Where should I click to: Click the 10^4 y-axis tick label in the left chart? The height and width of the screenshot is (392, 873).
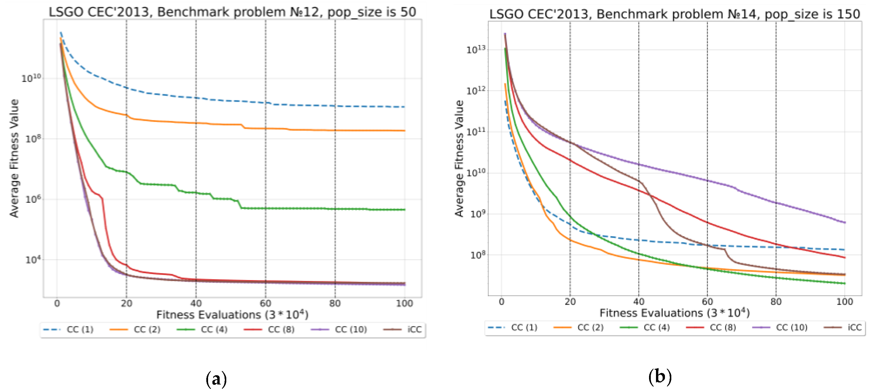tap(33, 260)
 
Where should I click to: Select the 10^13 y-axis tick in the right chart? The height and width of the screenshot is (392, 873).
tap(475, 50)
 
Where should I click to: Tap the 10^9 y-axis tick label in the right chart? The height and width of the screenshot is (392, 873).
tap(477, 214)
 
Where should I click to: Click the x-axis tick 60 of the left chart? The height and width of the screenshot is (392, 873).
tap(265, 303)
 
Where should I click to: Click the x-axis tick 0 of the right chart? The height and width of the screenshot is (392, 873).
tap(501, 302)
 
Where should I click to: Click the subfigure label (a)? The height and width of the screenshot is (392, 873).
tap(216, 379)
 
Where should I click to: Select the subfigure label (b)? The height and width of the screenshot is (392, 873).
tap(659, 377)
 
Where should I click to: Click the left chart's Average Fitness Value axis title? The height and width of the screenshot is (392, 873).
tap(14, 158)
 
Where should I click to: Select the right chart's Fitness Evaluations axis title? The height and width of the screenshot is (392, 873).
tap(674, 313)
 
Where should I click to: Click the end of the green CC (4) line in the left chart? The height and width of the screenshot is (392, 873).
tap(405, 210)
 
